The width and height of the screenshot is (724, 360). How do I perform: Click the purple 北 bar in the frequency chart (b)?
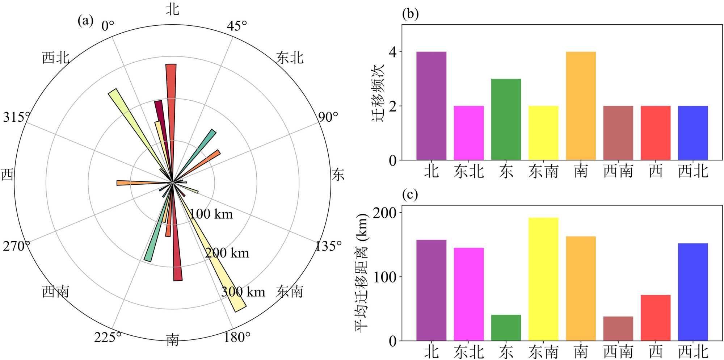click(x=431, y=106)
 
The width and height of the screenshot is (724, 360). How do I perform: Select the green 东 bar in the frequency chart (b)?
click(x=506, y=120)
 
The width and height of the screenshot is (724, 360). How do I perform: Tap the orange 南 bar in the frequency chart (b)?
click(x=581, y=106)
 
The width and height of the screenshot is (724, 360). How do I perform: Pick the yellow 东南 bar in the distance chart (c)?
click(x=543, y=279)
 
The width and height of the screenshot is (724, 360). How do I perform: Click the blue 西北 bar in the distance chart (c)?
click(x=693, y=292)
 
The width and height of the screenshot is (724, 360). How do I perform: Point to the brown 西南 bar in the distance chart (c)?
click(x=618, y=328)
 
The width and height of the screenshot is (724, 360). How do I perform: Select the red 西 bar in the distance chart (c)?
click(x=655, y=318)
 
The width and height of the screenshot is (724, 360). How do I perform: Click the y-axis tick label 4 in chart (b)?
click(x=392, y=52)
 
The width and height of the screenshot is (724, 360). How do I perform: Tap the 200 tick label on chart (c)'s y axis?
click(x=384, y=213)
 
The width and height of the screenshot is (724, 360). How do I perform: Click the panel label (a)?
click(x=85, y=20)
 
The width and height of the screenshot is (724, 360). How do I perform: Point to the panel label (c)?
click(x=410, y=194)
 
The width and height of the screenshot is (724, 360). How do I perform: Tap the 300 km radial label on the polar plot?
click(x=243, y=292)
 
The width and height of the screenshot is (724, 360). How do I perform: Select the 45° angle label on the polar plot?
click(x=237, y=26)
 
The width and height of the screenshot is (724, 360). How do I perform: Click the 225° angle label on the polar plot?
click(x=108, y=337)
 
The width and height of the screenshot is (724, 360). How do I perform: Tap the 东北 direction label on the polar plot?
click(x=290, y=58)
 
